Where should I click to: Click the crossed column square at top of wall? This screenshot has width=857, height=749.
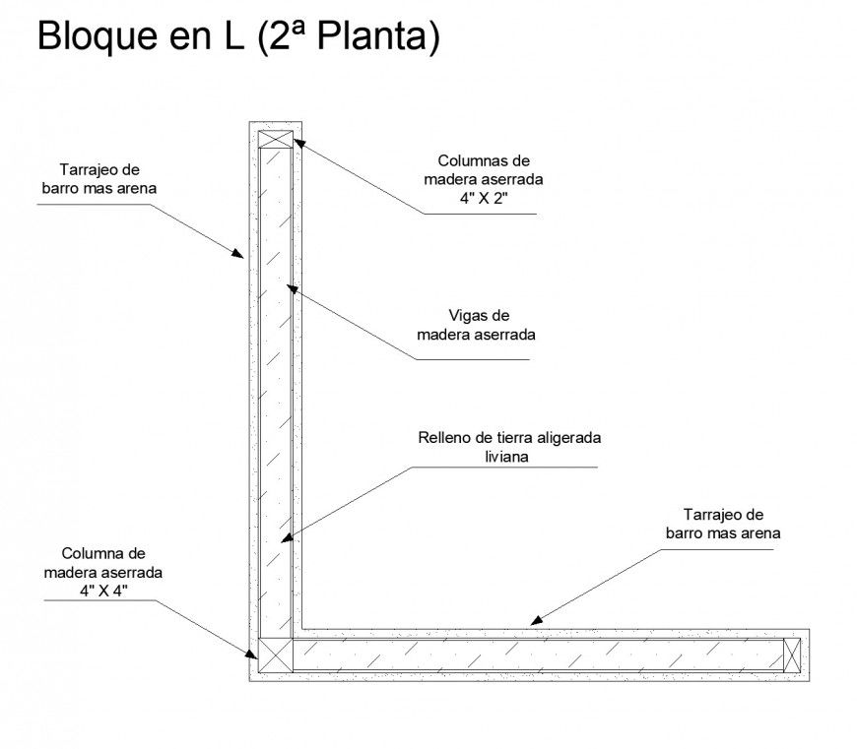276,138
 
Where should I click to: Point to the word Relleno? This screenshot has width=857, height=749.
446,437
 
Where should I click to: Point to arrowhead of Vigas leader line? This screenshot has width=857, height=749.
288,286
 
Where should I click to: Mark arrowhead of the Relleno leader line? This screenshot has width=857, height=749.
284,538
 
